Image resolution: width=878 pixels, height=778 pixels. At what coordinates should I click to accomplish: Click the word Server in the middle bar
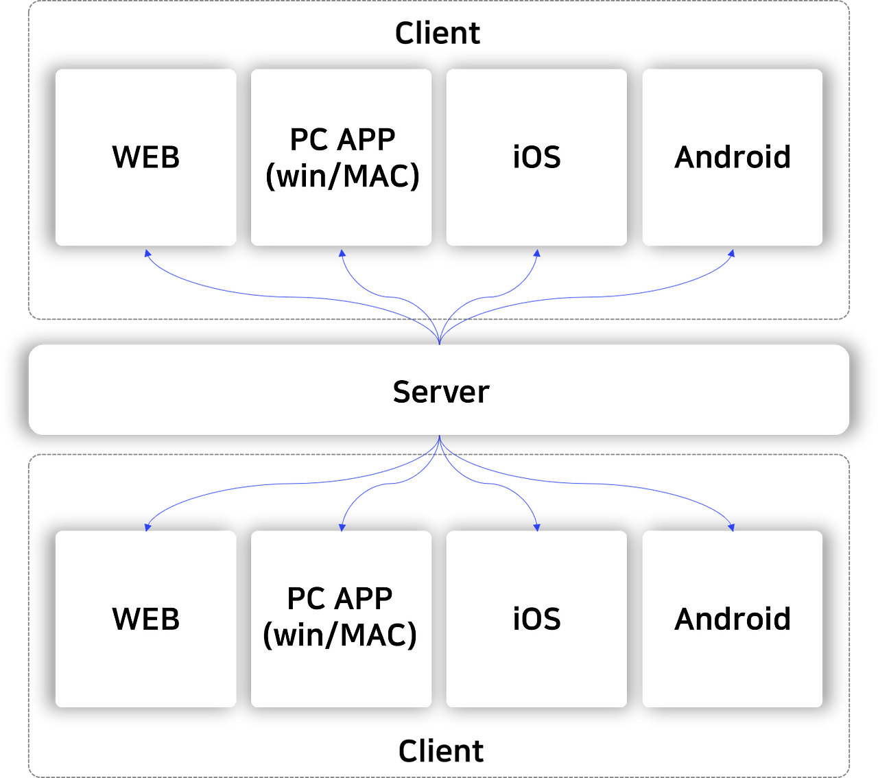[440, 392]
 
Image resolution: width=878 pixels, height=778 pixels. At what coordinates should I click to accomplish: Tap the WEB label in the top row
[145, 157]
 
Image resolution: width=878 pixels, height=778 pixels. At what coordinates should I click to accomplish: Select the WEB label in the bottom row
[145, 619]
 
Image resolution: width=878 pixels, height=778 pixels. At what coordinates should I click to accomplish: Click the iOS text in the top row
[536, 157]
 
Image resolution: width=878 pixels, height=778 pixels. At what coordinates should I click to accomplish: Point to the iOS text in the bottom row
[536, 619]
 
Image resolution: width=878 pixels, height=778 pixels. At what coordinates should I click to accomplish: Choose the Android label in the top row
[733, 157]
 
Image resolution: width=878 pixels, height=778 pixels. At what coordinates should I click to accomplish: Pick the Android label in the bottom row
[733, 619]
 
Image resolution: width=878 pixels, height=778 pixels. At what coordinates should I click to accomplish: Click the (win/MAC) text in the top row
[342, 176]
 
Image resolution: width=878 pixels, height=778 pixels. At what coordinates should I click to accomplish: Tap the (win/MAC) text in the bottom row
[340, 635]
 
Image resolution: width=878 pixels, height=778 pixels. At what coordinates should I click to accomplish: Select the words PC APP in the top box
[342, 139]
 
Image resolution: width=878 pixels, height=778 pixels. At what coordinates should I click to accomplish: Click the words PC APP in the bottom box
[340, 598]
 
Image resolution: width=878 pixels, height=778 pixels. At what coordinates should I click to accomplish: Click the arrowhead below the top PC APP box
[342, 253]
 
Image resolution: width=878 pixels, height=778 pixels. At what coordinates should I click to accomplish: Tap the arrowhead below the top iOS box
[537, 253]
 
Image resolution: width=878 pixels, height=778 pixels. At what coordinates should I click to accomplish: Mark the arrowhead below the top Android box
[732, 253]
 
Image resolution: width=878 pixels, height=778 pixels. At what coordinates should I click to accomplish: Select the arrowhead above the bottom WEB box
[147, 526]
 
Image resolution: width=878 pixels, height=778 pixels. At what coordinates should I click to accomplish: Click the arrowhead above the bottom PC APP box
[342, 526]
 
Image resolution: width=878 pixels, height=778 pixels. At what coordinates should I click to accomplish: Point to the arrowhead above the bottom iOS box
[537, 526]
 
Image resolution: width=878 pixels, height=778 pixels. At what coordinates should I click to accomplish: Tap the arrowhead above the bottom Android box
[732, 526]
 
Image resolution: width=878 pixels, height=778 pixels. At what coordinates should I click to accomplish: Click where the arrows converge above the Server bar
[439, 338]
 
